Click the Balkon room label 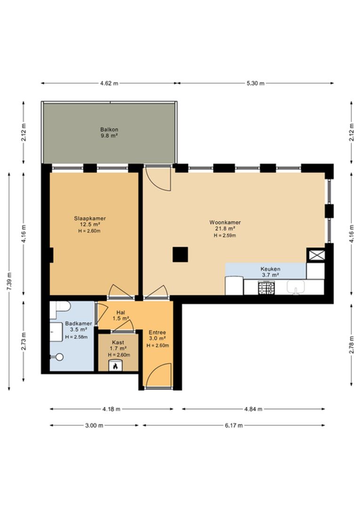coord(109,130)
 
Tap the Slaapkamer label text coord(90,218)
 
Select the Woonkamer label coord(225,222)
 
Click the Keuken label coord(271,269)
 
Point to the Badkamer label coord(79,323)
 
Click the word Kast coord(118,342)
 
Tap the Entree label coord(158,333)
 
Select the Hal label coord(120,313)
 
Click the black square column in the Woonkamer coord(180,254)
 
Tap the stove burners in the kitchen coord(266,288)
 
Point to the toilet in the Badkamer coord(60,307)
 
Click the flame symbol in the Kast coord(115,366)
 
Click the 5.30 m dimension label coord(256,83)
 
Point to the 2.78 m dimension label coord(352,344)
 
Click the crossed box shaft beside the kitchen coord(316,254)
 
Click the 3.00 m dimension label coord(94,425)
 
